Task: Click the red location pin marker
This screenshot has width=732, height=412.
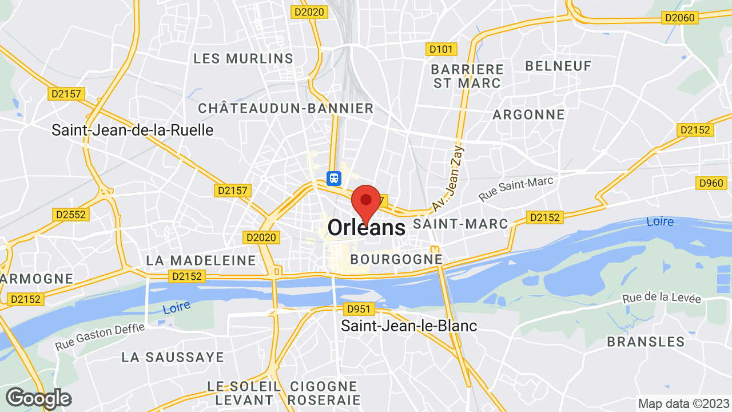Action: [366, 201]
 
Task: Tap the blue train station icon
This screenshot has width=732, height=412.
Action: [334, 178]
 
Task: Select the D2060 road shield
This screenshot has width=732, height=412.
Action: [679, 18]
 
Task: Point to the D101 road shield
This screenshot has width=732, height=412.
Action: [441, 49]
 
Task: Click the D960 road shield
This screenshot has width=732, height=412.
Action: [711, 183]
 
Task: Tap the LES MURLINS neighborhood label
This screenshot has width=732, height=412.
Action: [243, 58]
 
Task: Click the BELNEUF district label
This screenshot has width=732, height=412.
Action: [558, 66]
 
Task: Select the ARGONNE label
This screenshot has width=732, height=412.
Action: [528, 114]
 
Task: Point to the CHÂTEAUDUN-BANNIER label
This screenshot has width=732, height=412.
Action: [285, 108]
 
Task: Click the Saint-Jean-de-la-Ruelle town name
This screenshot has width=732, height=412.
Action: [132, 130]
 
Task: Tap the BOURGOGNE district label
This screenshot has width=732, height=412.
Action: [396, 259]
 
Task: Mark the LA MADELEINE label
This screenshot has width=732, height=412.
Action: [201, 260]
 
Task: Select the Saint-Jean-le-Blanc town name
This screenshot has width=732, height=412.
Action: [409, 326]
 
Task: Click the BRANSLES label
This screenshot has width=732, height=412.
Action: [646, 342]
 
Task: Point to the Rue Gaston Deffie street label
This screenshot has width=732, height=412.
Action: [100, 337]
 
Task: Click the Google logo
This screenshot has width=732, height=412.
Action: [38, 398]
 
